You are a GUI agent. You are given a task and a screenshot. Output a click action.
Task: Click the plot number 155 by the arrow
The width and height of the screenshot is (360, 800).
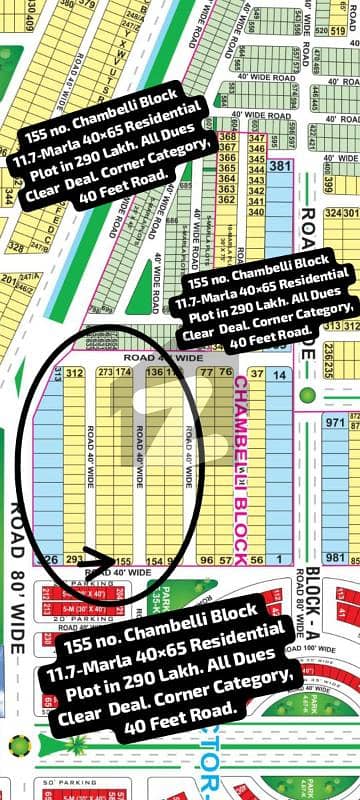(x=124, y=561)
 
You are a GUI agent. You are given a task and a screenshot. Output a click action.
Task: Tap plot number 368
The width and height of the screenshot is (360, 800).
(x=227, y=136)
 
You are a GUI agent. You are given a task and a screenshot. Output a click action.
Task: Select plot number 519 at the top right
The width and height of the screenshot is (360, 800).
(x=338, y=31)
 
